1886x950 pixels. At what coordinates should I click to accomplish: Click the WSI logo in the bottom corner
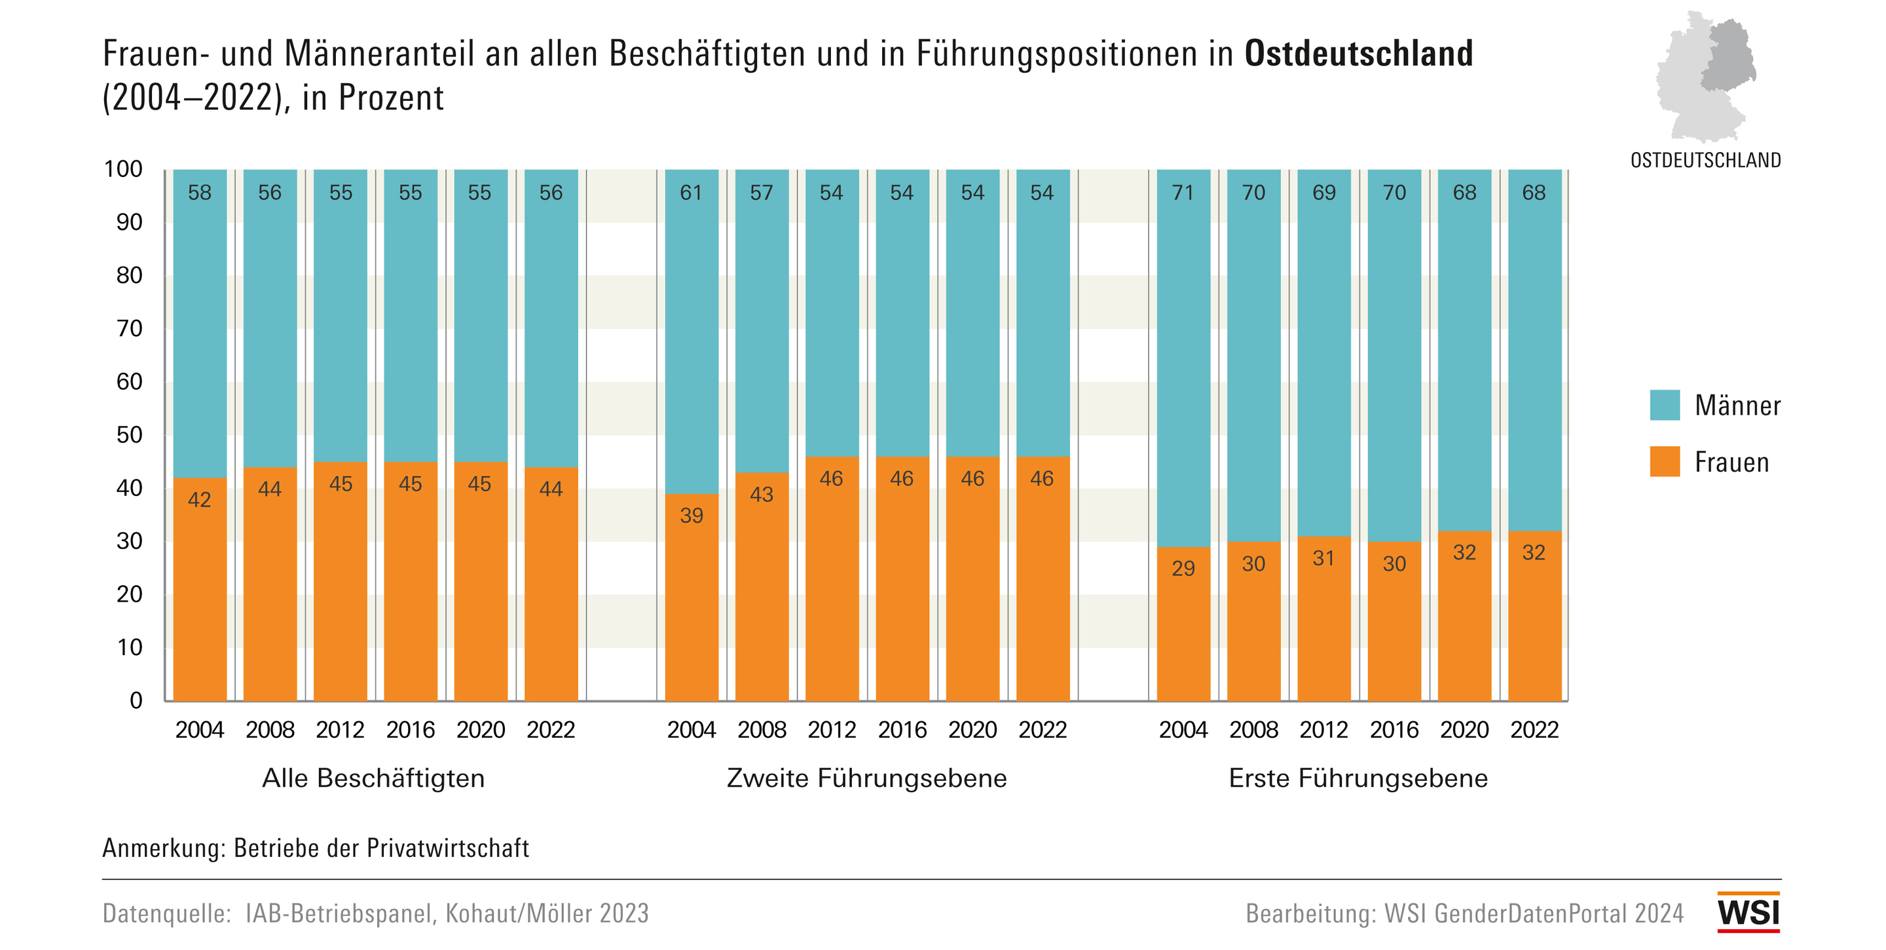[x=1748, y=912]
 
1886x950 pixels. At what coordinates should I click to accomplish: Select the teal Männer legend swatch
[x=1664, y=405]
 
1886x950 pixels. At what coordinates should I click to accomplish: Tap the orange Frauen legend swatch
[x=1664, y=461]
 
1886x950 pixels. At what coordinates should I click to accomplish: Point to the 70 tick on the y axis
[x=130, y=328]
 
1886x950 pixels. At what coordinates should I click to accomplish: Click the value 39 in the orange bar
[x=691, y=516]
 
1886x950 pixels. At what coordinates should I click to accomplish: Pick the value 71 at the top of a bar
[x=1183, y=193]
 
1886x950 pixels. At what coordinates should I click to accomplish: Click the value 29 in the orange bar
[x=1183, y=569]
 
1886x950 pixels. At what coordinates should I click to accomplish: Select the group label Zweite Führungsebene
[x=866, y=778]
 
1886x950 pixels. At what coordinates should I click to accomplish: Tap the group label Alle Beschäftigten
[x=373, y=778]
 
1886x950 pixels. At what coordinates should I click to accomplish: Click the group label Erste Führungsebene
[x=1358, y=778]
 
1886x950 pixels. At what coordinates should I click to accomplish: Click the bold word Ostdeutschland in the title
[x=1358, y=54]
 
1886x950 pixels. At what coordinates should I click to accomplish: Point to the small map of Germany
[x=1706, y=76]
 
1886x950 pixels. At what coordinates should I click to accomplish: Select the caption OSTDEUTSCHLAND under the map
[x=1705, y=161]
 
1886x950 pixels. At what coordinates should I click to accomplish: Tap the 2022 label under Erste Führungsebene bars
[x=1534, y=731]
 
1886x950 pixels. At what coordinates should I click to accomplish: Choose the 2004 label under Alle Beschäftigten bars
[x=199, y=731]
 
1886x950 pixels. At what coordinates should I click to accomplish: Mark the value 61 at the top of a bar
[x=690, y=193]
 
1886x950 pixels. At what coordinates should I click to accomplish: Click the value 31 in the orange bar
[x=1323, y=558]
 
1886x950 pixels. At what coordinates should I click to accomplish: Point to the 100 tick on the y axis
[x=123, y=169]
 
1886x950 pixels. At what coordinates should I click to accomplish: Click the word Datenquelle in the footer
[x=166, y=913]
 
